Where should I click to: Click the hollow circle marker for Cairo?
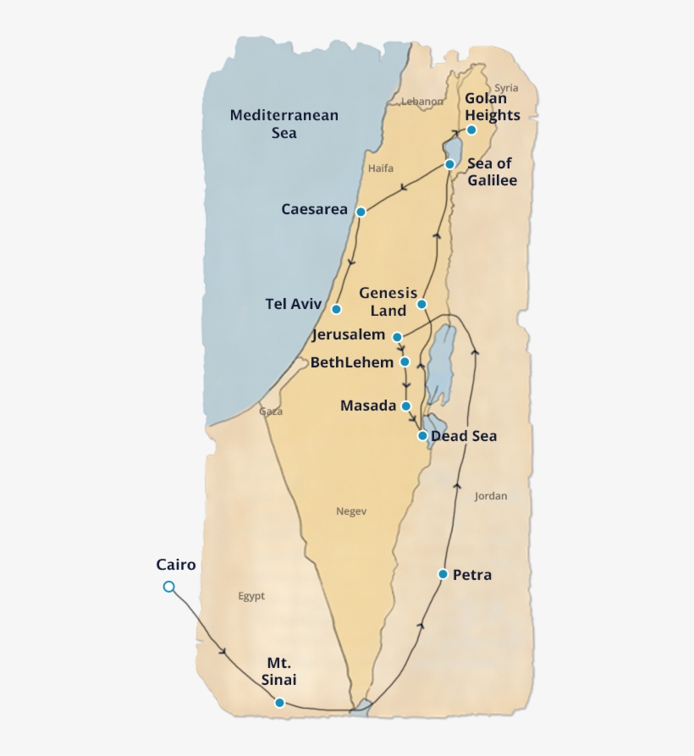(169, 587)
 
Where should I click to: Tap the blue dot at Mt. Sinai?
(279, 702)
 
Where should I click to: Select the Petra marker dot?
(443, 574)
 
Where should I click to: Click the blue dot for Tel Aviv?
(336, 309)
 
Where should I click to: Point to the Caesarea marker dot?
(361, 212)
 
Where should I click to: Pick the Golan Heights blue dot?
(471, 130)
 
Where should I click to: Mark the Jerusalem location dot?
(397, 336)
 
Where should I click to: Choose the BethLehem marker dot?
(405, 361)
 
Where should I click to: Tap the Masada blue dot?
(407, 406)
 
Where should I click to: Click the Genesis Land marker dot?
(421, 304)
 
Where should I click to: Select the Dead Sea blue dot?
(422, 436)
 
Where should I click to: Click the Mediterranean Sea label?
(284, 124)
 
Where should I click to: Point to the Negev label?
(351, 510)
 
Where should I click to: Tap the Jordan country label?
(491, 496)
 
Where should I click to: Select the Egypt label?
(251, 596)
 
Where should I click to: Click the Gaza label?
(271, 411)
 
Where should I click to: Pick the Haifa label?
(381, 168)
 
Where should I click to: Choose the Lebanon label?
(421, 102)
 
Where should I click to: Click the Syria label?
(506, 88)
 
